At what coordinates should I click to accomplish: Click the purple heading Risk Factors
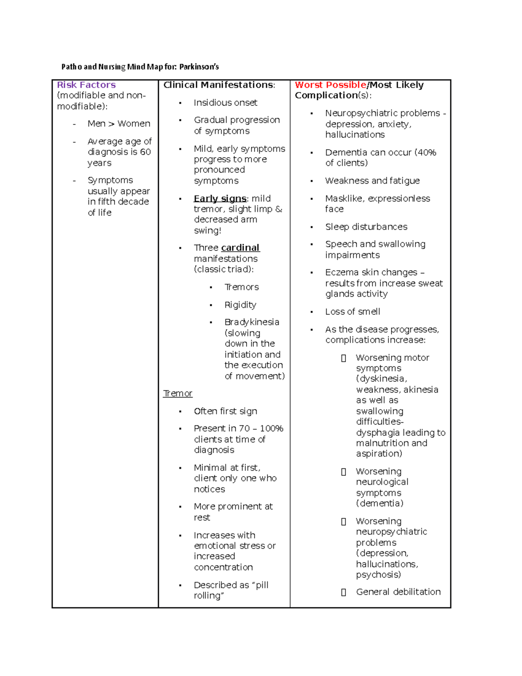(86, 85)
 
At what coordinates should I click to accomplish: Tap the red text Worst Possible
(330, 85)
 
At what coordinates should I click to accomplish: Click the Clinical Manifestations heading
(219, 85)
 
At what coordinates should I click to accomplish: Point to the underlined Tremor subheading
(177, 393)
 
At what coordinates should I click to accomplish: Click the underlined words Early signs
(220, 198)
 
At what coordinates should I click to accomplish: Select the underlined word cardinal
(240, 248)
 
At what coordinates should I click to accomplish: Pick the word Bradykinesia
(252, 322)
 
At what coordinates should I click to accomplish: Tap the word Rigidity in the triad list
(240, 305)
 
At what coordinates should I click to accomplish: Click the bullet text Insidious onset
(225, 103)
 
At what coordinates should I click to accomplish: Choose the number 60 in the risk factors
(145, 152)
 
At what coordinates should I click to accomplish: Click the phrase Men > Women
(119, 124)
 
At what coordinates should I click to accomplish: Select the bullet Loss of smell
(352, 312)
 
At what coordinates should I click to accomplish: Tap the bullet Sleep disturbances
(366, 227)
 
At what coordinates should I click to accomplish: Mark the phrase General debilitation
(398, 592)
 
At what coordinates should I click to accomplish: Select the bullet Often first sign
(225, 411)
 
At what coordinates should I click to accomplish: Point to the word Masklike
(344, 198)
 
